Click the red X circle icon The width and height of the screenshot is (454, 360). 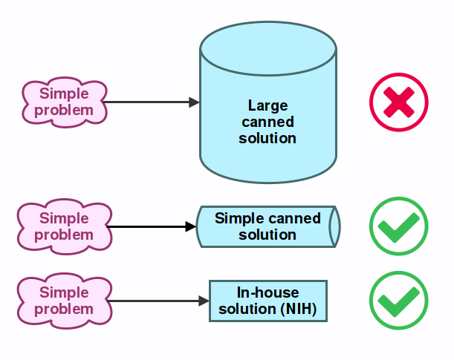399,102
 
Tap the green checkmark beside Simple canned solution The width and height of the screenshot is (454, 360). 399,226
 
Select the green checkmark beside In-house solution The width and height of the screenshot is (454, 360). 399,301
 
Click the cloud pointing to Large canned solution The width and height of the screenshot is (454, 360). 64,102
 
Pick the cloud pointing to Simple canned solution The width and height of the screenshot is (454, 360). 64,226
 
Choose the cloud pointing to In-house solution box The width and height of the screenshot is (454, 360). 64,301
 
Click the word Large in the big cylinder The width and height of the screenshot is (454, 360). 267,105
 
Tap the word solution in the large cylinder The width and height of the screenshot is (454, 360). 267,138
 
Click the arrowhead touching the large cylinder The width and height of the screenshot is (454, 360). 195,102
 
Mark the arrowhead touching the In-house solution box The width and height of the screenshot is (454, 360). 204,301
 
